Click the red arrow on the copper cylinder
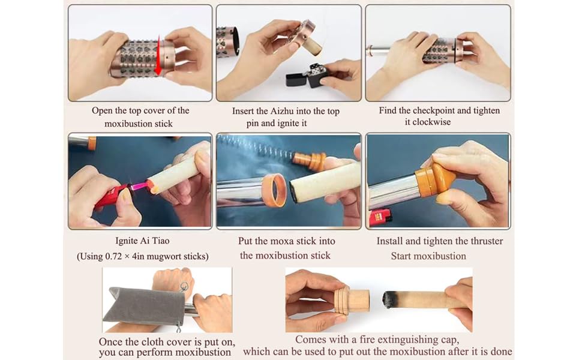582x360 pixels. pos(158,55)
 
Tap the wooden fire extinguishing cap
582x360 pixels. pos(352,300)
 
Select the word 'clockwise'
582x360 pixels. pos(431,122)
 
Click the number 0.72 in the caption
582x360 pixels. pos(113,256)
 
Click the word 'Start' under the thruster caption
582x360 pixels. pos(401,256)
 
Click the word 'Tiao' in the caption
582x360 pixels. pos(160,241)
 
